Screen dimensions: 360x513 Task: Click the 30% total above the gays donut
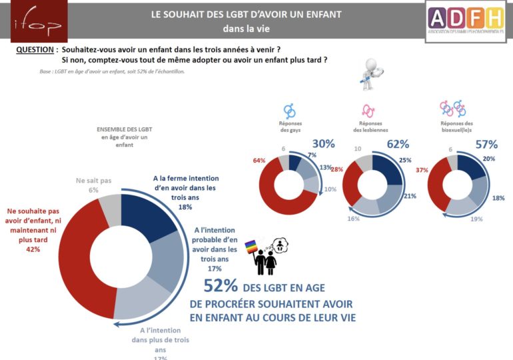pos(323,143)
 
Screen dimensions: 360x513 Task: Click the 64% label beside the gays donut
pos(259,161)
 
